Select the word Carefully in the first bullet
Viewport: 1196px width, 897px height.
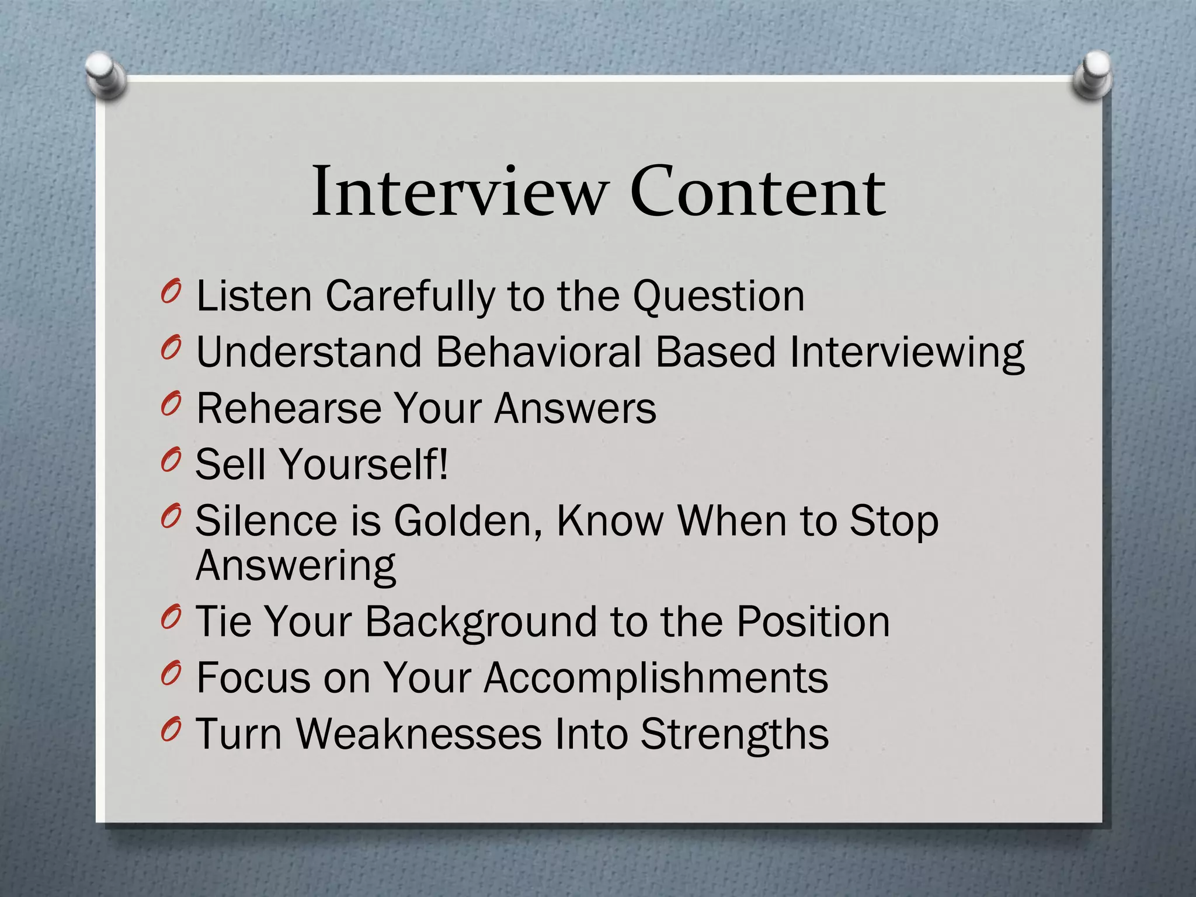(x=409, y=297)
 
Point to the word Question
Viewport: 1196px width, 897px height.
(x=719, y=297)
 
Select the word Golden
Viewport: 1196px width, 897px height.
(x=471, y=520)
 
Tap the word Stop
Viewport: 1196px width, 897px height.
(x=893, y=520)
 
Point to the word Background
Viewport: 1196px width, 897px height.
(x=482, y=621)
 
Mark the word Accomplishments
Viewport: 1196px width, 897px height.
(x=656, y=677)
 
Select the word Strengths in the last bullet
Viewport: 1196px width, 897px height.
(x=735, y=733)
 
